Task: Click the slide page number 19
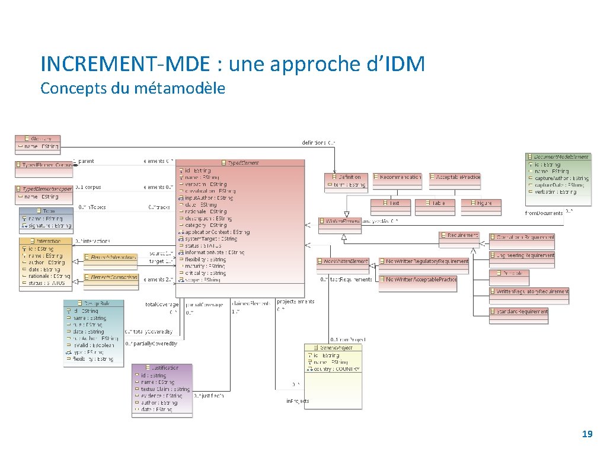pos(587,434)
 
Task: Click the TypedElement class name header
pos(240,162)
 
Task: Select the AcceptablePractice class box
pos(455,177)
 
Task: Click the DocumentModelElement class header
pos(558,157)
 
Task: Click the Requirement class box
pos(459,235)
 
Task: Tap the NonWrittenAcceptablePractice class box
pos(418,279)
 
